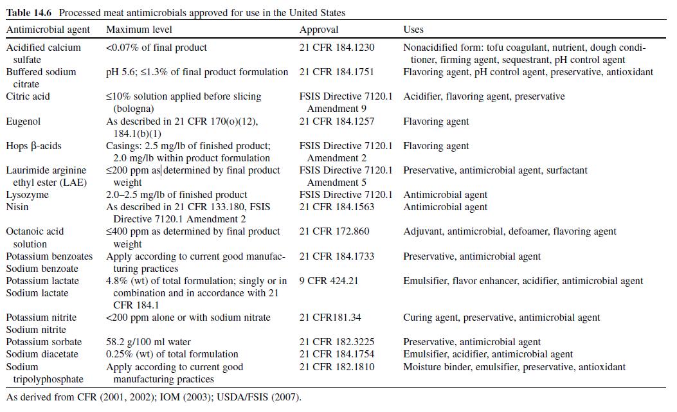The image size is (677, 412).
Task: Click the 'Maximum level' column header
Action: pyautogui.click(x=139, y=30)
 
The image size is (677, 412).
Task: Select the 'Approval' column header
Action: pyautogui.click(x=319, y=30)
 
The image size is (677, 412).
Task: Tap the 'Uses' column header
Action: pyautogui.click(x=413, y=30)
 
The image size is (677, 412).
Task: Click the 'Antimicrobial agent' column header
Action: pyautogui.click(x=48, y=30)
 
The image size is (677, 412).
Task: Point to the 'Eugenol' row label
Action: pyautogui.click(x=24, y=121)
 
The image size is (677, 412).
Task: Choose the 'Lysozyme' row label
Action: pyautogui.click(x=28, y=195)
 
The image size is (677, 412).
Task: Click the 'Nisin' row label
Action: pyautogui.click(x=17, y=207)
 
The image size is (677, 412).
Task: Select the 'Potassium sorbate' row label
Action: pyautogui.click(x=43, y=342)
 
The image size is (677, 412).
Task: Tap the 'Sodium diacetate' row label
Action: pyautogui.click(x=42, y=354)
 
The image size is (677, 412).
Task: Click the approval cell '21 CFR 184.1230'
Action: pyautogui.click(x=337, y=48)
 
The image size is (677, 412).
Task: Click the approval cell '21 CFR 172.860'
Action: pyautogui.click(x=334, y=231)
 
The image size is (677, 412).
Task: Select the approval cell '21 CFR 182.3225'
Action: pyautogui.click(x=337, y=342)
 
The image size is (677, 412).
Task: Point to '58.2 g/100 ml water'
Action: pyautogui.click(x=149, y=342)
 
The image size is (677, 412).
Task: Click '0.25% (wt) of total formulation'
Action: pyautogui.click(x=172, y=354)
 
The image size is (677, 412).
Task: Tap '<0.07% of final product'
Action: pyautogui.click(x=157, y=48)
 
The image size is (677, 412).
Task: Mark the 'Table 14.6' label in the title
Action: pyautogui.click(x=28, y=13)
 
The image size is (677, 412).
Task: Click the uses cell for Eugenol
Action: pyautogui.click(x=436, y=121)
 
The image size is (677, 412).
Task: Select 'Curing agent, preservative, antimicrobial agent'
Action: pyautogui.click(x=501, y=318)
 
